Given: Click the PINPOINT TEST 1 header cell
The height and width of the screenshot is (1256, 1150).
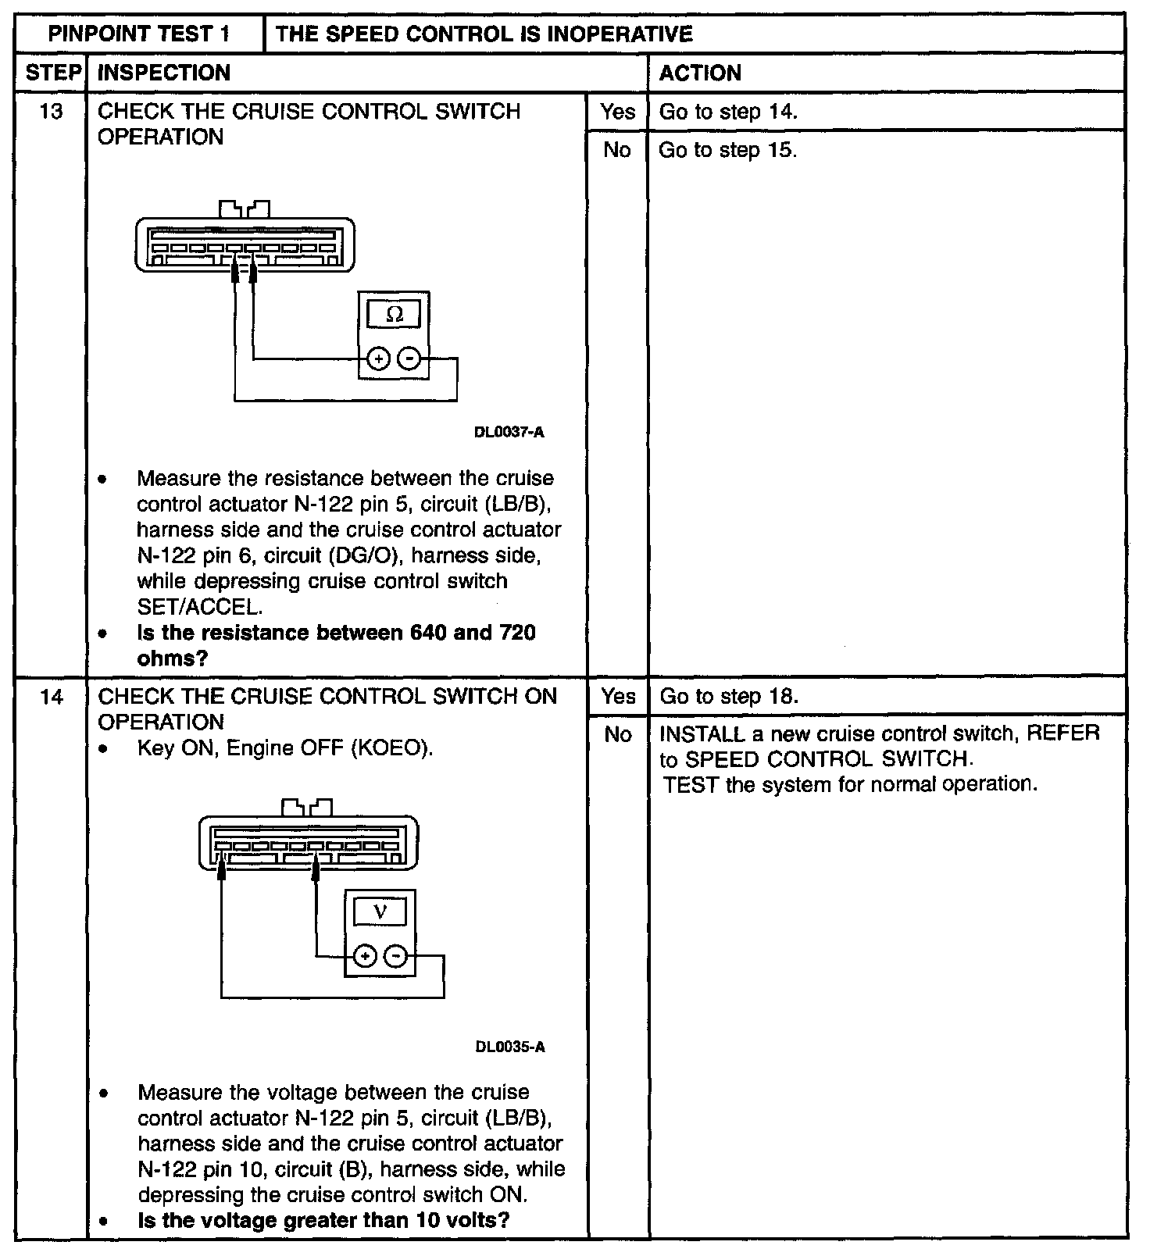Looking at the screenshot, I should [x=140, y=34].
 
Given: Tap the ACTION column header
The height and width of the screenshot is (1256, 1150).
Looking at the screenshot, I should [x=700, y=73].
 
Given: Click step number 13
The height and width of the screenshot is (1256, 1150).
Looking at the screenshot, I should [x=51, y=112].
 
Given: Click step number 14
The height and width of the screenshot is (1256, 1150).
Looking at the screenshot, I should [x=51, y=696].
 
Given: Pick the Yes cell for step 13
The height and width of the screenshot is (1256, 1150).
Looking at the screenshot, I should [x=617, y=112].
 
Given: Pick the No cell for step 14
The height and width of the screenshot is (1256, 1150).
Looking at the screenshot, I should [x=617, y=734].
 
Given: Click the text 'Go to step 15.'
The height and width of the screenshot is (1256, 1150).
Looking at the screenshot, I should [x=727, y=150].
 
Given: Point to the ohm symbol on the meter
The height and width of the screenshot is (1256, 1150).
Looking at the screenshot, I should [x=395, y=315].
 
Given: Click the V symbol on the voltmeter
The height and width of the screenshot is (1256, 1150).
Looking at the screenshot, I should [x=380, y=912].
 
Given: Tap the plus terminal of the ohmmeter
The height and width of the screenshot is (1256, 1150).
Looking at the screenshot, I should [x=378, y=359].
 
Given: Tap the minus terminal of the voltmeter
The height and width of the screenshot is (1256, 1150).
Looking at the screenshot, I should [x=397, y=956].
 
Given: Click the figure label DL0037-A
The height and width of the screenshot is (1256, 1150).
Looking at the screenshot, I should [x=509, y=432].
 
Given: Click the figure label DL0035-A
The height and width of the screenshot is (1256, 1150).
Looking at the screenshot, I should [x=510, y=1047].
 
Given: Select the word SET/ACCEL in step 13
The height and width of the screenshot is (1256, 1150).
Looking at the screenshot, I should [x=199, y=607].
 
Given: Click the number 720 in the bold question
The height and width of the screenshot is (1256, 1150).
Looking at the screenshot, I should [x=516, y=633].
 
